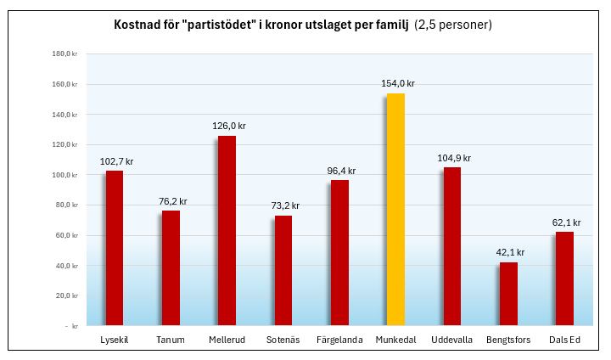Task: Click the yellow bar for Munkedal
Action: pos(395,209)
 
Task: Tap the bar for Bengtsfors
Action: pos(508,293)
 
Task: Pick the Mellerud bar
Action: pos(227,230)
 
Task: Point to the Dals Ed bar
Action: pos(564,278)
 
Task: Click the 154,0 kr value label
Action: pos(396,83)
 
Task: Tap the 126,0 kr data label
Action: pos(228,126)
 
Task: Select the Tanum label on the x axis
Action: pos(171,340)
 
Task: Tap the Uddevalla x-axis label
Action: pos(451,340)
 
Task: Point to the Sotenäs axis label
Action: pos(283,340)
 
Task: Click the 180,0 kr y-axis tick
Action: pos(64,54)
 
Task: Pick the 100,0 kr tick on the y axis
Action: pos(64,175)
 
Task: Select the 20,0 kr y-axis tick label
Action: pos(66,295)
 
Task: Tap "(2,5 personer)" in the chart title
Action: pos(453,25)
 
